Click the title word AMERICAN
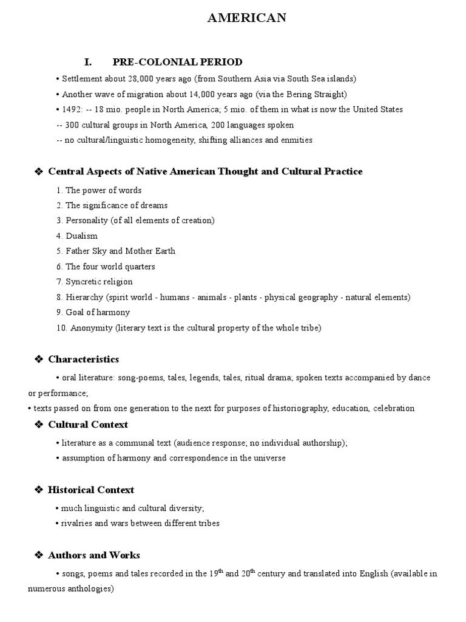[246, 19]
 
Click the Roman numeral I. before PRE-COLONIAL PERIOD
[87, 62]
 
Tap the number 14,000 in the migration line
[189, 94]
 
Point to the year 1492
[72, 109]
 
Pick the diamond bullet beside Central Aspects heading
[38, 172]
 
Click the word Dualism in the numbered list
[81, 236]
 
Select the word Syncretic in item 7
[83, 282]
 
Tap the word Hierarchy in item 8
[84, 297]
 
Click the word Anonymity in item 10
[90, 328]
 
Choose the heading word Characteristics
[84, 359]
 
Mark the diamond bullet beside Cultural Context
[38, 425]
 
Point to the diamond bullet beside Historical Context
[38, 490]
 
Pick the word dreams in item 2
[156, 205]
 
